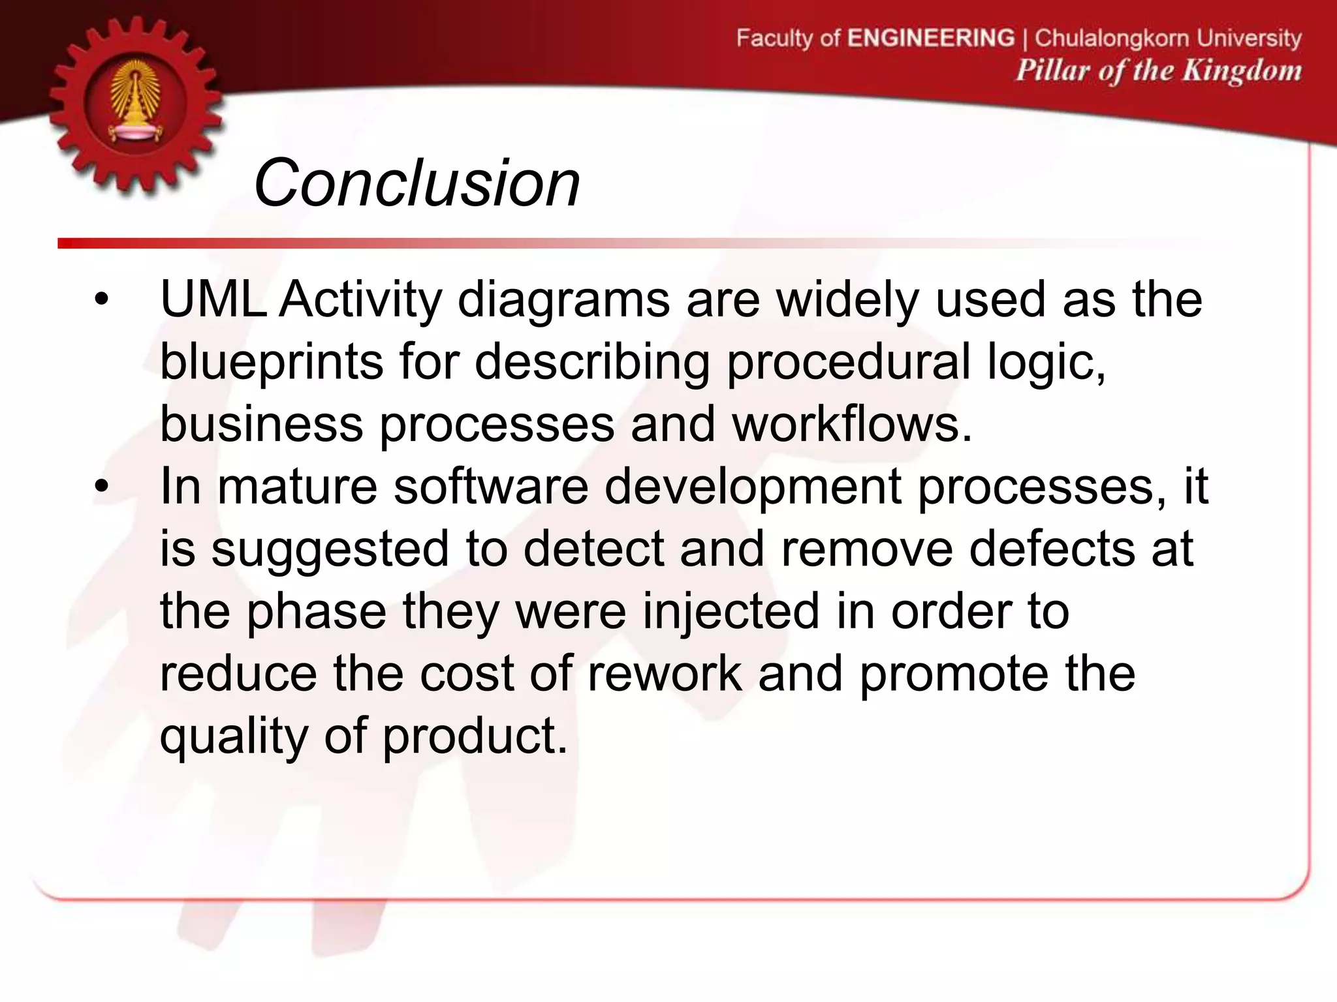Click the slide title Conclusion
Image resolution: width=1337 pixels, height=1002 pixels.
pyautogui.click(x=417, y=183)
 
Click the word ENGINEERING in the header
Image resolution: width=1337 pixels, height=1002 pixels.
pyautogui.click(x=931, y=38)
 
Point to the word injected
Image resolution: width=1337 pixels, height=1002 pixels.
pyautogui.click(x=731, y=612)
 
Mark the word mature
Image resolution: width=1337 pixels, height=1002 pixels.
pyautogui.click(x=297, y=487)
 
